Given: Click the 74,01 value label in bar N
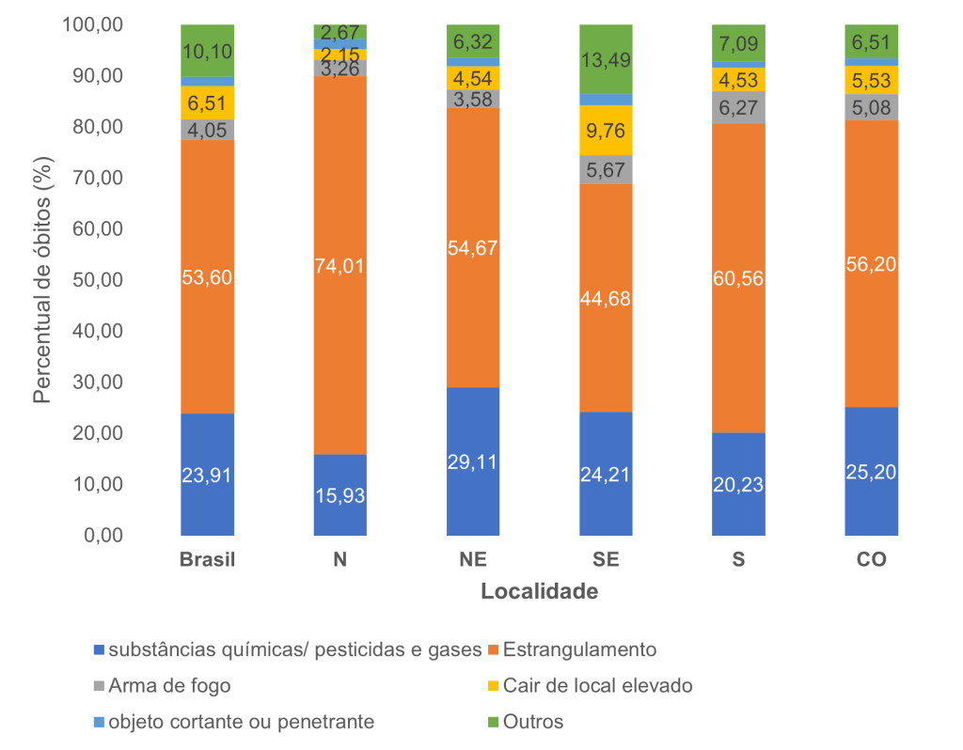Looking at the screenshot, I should pyautogui.click(x=340, y=266).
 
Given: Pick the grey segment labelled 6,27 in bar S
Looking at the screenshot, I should pyautogui.click(x=738, y=107).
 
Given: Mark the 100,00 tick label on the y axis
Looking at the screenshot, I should pyautogui.click(x=92, y=25).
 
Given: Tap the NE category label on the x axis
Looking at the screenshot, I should pyautogui.click(x=473, y=561).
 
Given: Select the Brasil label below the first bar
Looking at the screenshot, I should pyautogui.click(x=208, y=561).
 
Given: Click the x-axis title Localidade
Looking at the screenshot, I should pyautogui.click(x=540, y=592).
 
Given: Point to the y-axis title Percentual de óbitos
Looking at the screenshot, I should pyautogui.click(x=42, y=280).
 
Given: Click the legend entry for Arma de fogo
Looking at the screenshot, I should pyautogui.click(x=169, y=685).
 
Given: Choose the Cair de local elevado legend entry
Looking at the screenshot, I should pyautogui.click(x=597, y=685).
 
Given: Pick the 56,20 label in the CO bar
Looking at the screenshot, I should pyautogui.click(x=871, y=264).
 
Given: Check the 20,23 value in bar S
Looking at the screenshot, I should pyautogui.click(x=738, y=484).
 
